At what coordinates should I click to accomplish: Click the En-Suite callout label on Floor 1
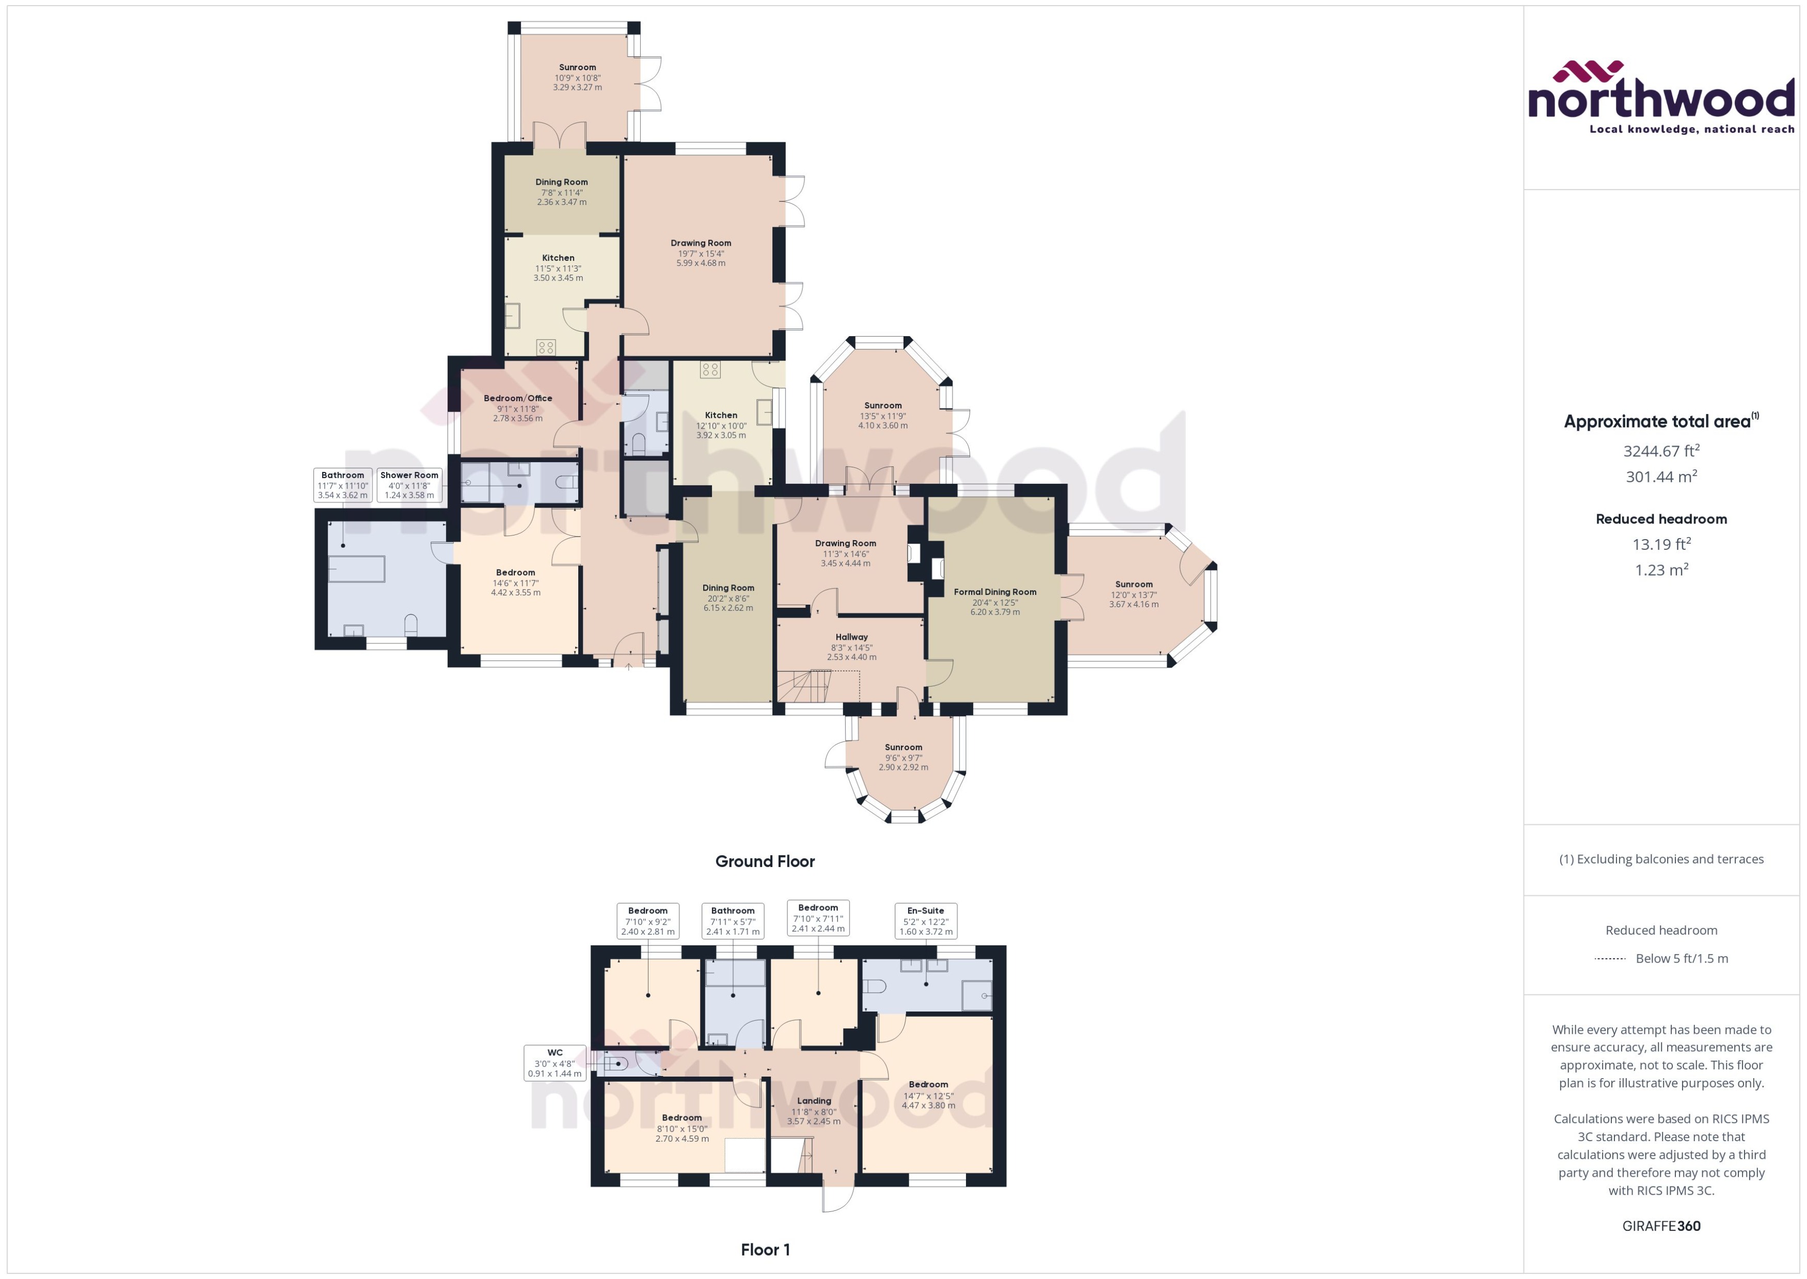[925, 921]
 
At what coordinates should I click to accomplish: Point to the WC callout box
[554, 1063]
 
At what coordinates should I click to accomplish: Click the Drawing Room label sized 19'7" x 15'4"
[701, 243]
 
